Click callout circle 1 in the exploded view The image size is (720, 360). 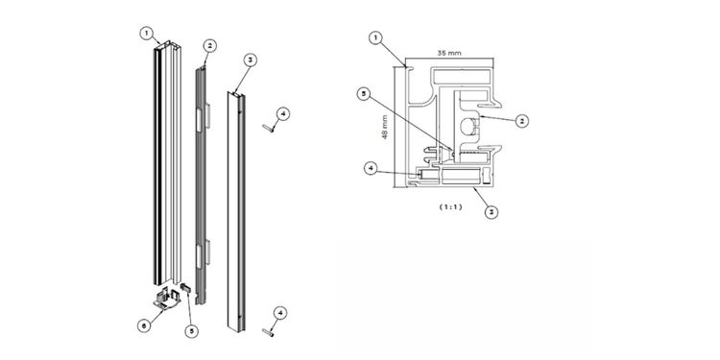(x=146, y=33)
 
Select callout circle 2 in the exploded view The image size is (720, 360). (x=210, y=46)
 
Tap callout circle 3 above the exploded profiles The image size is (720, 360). (x=250, y=60)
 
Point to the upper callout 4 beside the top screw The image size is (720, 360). (x=283, y=113)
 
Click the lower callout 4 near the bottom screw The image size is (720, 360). (x=280, y=313)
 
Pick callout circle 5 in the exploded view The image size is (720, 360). (x=191, y=331)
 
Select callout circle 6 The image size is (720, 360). (x=144, y=325)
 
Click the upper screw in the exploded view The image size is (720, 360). (x=269, y=128)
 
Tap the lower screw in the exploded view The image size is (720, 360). (x=268, y=331)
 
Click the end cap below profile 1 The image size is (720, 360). (x=167, y=298)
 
